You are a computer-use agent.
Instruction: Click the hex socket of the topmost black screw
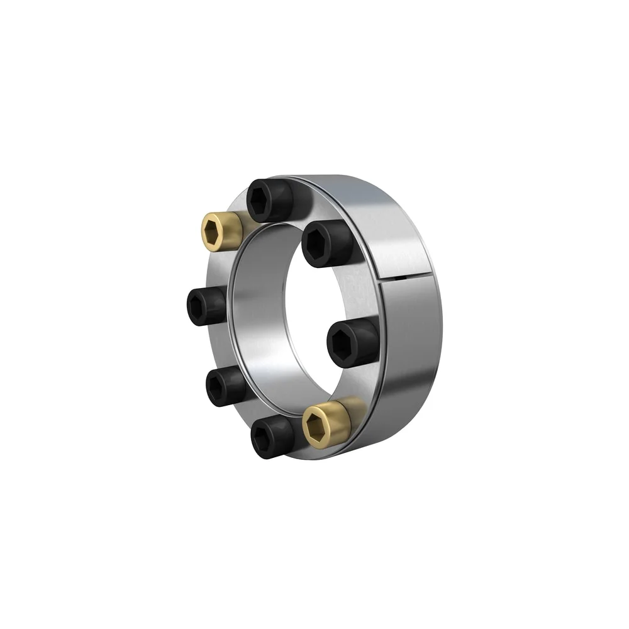(260, 201)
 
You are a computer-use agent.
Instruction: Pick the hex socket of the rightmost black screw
(343, 344)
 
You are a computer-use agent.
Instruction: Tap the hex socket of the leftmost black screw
(198, 306)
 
